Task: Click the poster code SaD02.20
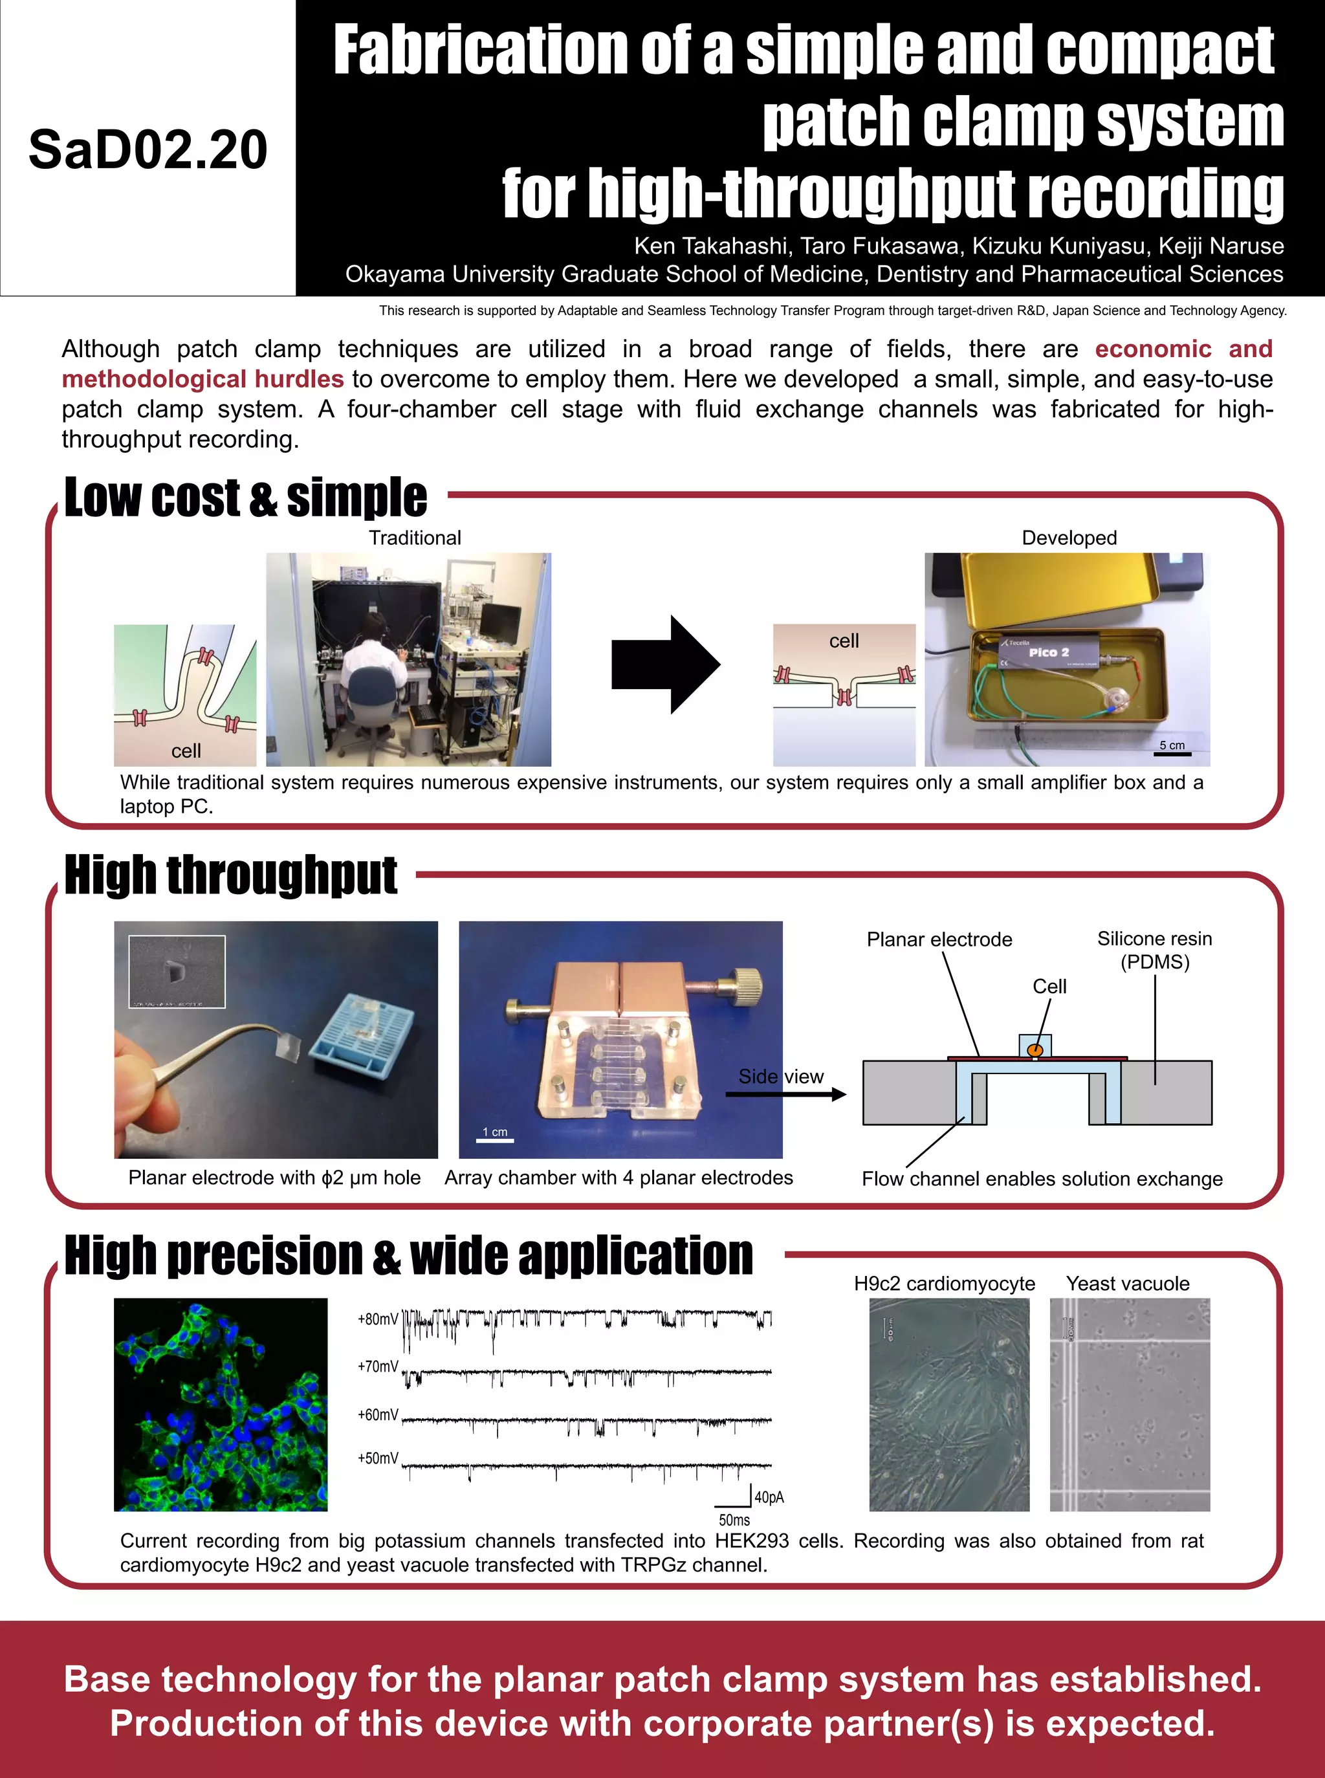[x=148, y=150]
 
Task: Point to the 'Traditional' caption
[x=415, y=538]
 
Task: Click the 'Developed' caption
[x=1068, y=538]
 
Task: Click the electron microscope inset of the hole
[x=177, y=971]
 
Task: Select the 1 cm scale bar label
[x=495, y=1132]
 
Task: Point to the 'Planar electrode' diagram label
[x=939, y=939]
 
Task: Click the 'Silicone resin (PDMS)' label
[x=1154, y=950]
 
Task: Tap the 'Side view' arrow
[x=785, y=1093]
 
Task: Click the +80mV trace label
[x=377, y=1319]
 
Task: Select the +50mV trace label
[x=377, y=1458]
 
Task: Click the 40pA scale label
[x=769, y=1497]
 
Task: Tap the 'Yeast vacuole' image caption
[x=1127, y=1283]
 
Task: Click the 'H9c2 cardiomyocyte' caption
[x=944, y=1283]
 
